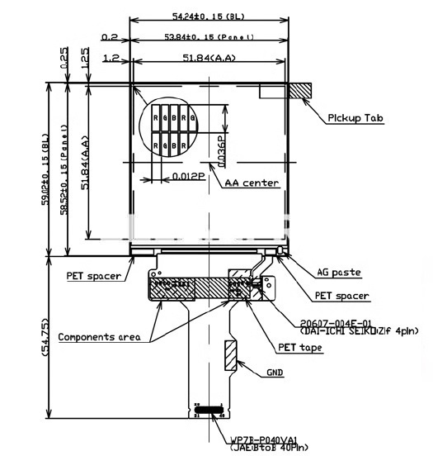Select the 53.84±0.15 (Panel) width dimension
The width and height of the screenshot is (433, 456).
click(x=208, y=37)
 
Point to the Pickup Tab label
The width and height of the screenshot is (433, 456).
click(x=355, y=118)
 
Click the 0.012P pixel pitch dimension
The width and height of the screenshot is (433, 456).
click(x=189, y=176)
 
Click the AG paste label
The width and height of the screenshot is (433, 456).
click(x=339, y=272)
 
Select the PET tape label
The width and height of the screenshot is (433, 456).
click(x=299, y=348)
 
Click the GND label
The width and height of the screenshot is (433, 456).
click(x=275, y=373)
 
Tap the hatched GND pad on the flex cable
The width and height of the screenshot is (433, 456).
click(x=231, y=353)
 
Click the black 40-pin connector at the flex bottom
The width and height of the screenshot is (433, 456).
click(x=209, y=409)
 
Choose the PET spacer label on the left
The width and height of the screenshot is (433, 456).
click(x=94, y=276)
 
